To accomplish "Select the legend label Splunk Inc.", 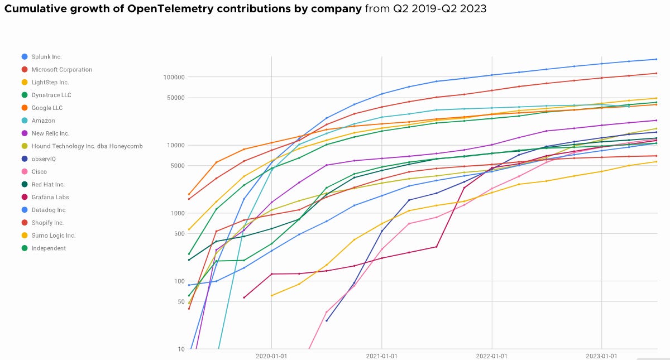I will click(47, 57).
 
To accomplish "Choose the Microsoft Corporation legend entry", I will click(62, 70).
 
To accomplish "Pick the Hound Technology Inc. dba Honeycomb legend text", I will click(87, 146).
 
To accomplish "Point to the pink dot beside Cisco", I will click(24, 172).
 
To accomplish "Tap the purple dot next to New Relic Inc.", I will click(24, 133).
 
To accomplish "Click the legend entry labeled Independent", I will click(49, 248).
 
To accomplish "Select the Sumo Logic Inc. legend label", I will click(54, 236).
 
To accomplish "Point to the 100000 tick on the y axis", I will click(174, 77).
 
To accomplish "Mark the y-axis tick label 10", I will click(181, 349).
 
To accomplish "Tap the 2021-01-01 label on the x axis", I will click(381, 355).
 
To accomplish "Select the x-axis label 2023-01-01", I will click(601, 355).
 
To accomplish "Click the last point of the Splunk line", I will click(656, 59).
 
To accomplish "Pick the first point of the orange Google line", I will click(189, 194).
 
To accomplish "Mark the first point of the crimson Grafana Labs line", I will click(244, 297).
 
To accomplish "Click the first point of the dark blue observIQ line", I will click(327, 320).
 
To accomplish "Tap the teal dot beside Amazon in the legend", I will click(24, 121).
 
